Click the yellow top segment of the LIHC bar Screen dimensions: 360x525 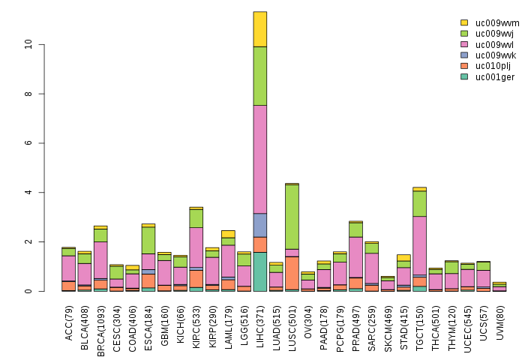(259, 29)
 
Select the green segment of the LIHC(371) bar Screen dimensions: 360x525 (259, 76)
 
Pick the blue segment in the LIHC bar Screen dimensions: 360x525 (259, 225)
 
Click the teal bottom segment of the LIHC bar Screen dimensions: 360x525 (259, 271)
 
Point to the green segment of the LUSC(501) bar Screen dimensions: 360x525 (292, 217)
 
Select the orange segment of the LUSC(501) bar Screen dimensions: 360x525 (292, 273)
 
